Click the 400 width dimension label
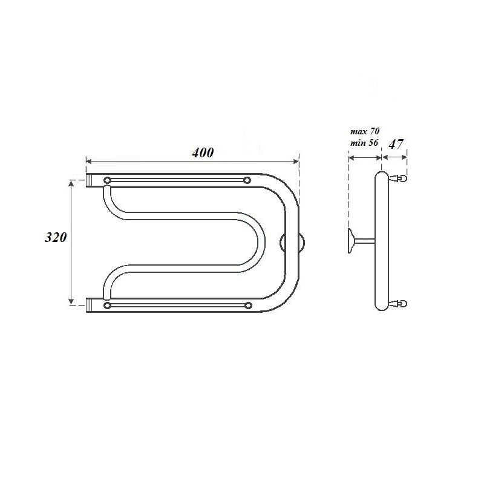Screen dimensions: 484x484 [203, 152]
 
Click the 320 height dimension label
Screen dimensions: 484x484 [56, 237]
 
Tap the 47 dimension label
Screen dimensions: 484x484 [396, 144]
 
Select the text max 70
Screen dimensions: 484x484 [365, 131]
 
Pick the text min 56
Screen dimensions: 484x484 [364, 143]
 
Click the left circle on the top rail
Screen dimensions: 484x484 [107, 180]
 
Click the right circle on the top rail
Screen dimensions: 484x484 [247, 180]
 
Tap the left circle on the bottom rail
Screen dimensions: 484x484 [107, 306]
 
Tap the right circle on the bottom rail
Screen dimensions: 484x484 [248, 306]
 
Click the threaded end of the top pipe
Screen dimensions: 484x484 [89, 180]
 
